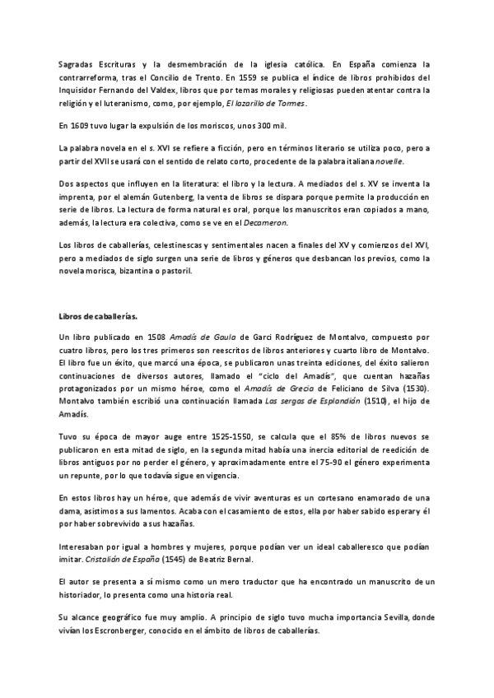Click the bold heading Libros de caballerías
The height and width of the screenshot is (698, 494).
[x=98, y=315]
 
